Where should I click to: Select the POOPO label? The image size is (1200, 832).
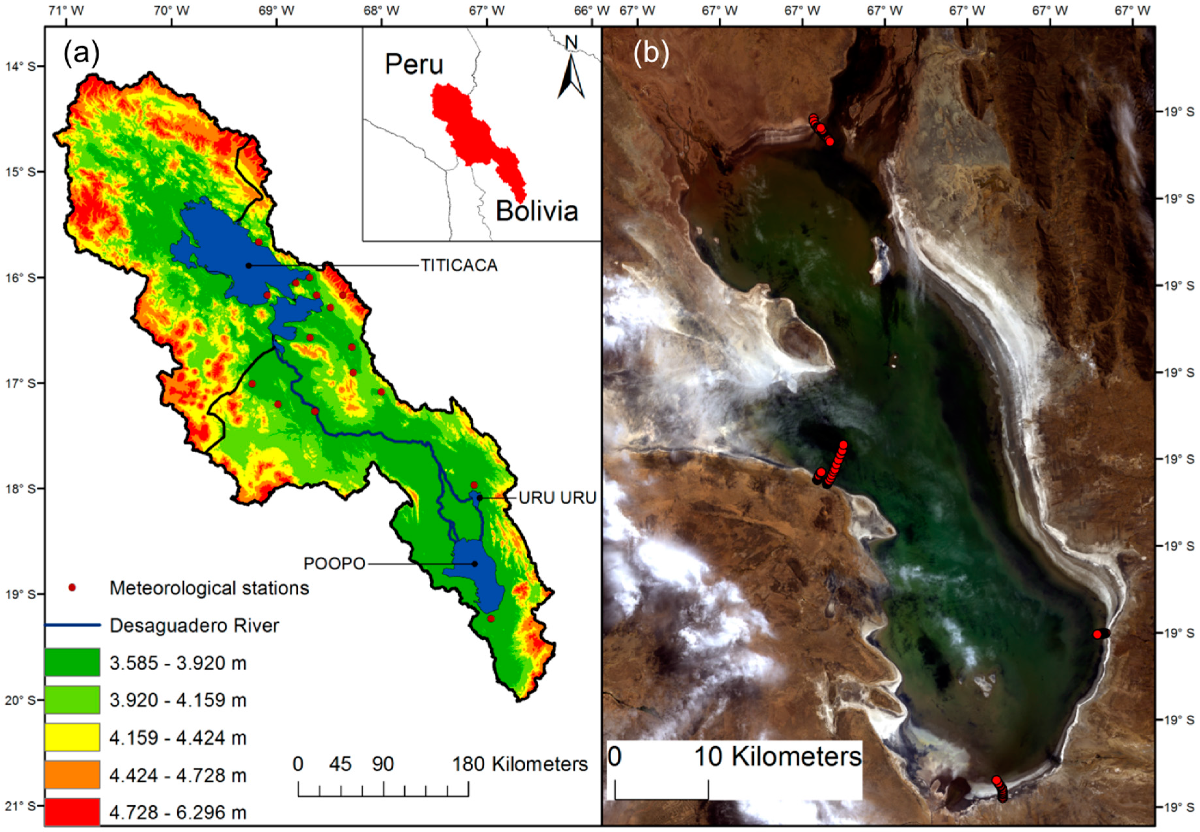[x=334, y=564]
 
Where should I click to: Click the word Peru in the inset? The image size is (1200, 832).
[x=414, y=65]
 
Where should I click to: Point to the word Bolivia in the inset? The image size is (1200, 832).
[x=537, y=211]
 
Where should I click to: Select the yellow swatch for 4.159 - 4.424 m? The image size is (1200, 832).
[x=72, y=737]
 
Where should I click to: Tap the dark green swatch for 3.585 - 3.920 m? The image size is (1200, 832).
[x=72, y=662]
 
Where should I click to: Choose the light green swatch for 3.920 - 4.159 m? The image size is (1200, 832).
[x=72, y=700]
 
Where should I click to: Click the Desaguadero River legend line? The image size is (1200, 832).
[x=72, y=625]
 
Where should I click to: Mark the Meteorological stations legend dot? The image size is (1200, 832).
[x=72, y=588]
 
